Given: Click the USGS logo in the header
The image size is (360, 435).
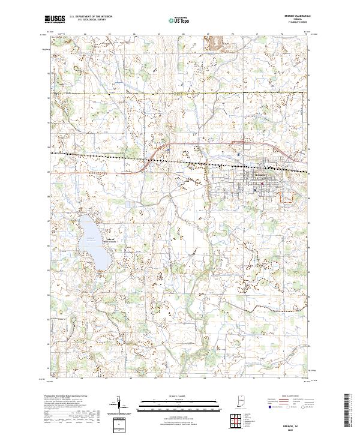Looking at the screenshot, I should coord(55,20).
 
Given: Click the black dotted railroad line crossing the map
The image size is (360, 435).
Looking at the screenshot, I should coord(180,161).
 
